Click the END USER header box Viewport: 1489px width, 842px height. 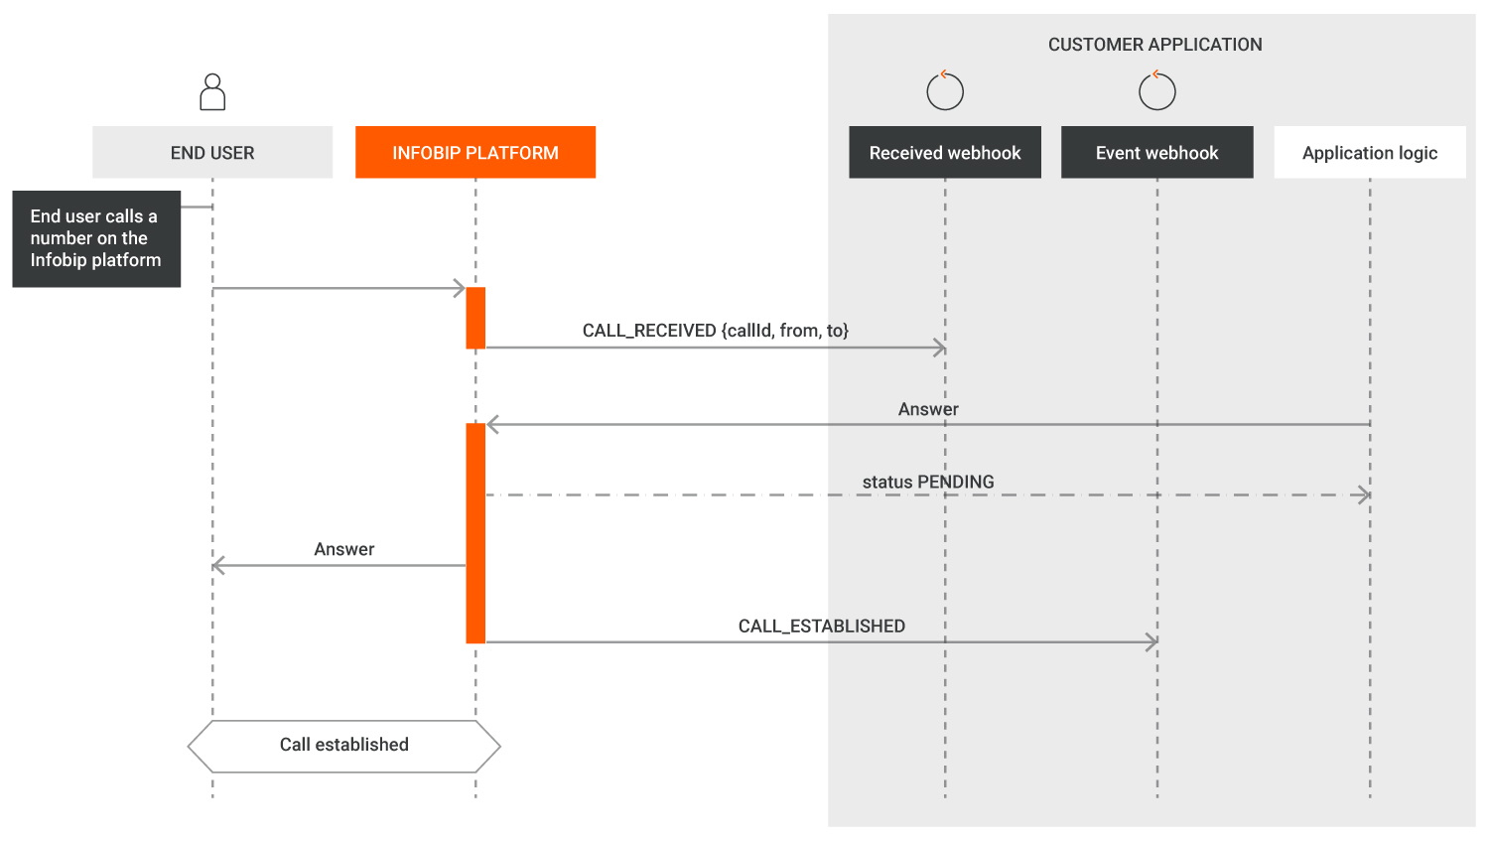[212, 153]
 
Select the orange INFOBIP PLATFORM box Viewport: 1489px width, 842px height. [475, 153]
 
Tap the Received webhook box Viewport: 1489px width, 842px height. [945, 153]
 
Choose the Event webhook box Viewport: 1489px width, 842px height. [1156, 153]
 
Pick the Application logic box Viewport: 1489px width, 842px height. [1370, 153]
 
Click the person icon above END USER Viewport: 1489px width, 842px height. [212, 92]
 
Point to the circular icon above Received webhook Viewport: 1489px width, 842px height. [945, 91]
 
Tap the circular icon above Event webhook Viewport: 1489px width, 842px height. [1156, 91]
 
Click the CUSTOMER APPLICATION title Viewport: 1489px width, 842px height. [1155, 45]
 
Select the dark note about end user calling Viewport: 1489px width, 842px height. [96, 238]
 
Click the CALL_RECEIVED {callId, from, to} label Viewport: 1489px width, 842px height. [716, 331]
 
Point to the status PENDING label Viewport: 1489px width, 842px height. [928, 483]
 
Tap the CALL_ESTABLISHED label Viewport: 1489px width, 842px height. [822, 627]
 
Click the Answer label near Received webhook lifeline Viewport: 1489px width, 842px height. [928, 409]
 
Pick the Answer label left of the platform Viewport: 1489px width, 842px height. [344, 549]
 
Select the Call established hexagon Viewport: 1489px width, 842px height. [344, 746]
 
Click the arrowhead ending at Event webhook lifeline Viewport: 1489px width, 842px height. [1152, 642]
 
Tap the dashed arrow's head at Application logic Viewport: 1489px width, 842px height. [1365, 494]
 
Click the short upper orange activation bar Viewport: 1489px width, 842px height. [475, 318]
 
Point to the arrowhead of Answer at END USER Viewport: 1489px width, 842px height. [218, 566]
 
